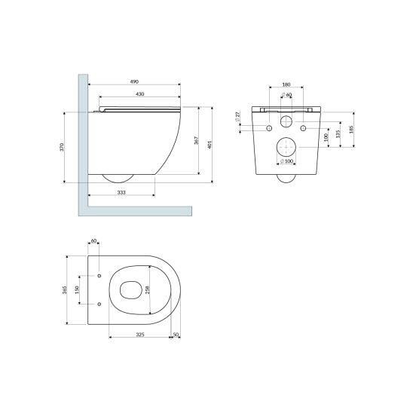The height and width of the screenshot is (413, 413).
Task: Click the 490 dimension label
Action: coord(134,81)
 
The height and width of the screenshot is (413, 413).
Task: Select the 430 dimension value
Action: coord(140,94)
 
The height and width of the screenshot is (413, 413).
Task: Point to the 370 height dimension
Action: coord(62,147)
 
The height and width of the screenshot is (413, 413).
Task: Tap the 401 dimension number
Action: coord(210,145)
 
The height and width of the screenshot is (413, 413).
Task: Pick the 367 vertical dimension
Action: coord(197,141)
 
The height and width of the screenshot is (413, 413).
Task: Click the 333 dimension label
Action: coord(121,192)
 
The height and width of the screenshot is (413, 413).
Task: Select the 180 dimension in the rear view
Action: coord(286,84)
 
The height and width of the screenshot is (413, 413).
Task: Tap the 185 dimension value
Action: coord(351,130)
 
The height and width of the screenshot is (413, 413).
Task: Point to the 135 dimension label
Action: coord(338,134)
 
